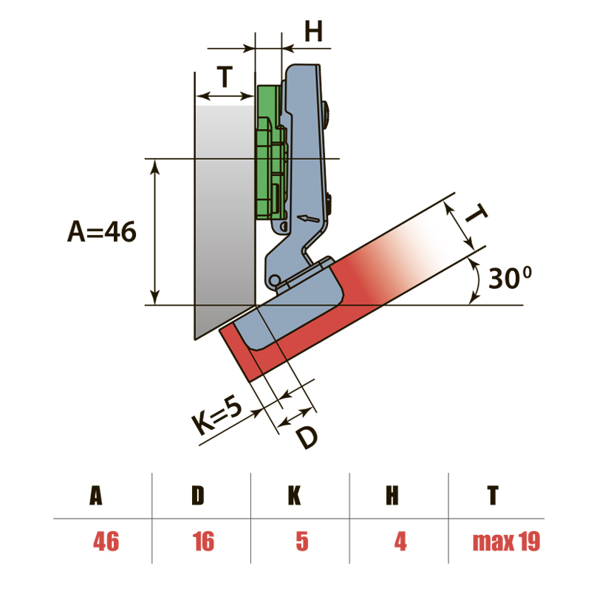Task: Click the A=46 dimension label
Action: (x=102, y=231)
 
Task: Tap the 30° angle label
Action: (x=510, y=278)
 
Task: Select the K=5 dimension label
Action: (x=216, y=415)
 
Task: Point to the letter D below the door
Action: (x=307, y=437)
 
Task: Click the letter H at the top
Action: (x=313, y=31)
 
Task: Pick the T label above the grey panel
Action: (x=225, y=76)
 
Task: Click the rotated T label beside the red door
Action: (x=475, y=213)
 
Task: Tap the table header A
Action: (x=96, y=495)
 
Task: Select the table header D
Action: (x=198, y=495)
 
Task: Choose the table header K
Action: (x=294, y=495)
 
